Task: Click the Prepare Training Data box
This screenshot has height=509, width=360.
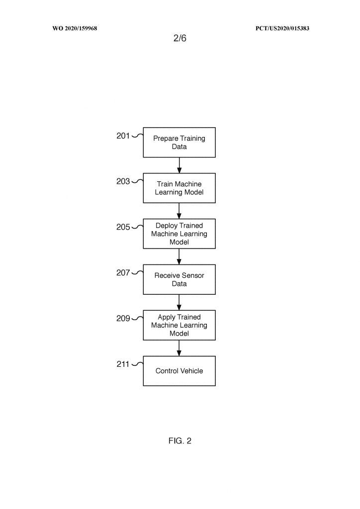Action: tap(179, 143)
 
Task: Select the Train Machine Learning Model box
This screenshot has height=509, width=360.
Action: tap(179, 188)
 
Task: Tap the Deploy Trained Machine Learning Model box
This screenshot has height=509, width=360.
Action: tap(179, 234)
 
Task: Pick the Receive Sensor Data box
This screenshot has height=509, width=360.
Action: tap(179, 279)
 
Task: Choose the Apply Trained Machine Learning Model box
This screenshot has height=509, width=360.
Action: tap(179, 325)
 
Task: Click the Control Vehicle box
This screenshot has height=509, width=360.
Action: tap(179, 371)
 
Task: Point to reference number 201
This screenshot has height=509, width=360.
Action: tap(123, 136)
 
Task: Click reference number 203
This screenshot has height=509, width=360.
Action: tap(123, 181)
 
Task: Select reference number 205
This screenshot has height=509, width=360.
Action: tap(123, 227)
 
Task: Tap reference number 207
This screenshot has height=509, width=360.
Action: tap(123, 273)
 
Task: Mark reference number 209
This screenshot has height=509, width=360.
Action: tap(123, 319)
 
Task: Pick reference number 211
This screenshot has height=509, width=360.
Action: tap(123, 364)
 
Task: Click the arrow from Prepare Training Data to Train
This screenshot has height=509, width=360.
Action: tap(179, 165)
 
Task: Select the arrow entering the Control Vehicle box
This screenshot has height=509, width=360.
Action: tap(179, 348)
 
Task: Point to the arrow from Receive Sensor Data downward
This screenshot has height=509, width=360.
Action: tap(179, 303)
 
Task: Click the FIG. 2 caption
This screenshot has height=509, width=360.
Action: tap(180, 441)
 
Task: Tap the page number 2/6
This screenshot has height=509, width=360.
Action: tap(180, 38)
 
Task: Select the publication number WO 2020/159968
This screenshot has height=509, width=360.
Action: tap(75, 28)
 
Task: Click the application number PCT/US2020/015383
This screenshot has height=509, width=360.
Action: tap(282, 28)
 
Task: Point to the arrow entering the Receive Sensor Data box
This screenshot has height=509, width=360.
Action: tap(179, 257)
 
